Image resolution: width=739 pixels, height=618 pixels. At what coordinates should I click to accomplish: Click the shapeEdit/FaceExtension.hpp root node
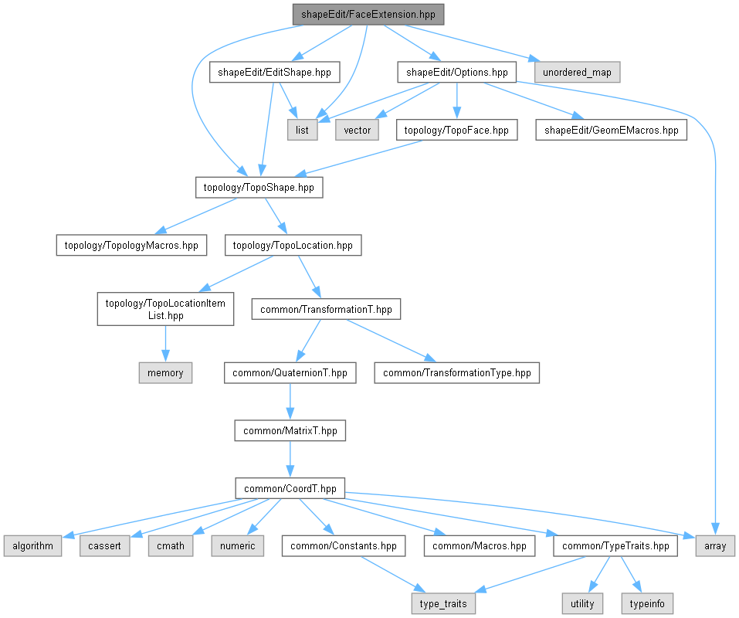pyautogui.click(x=368, y=14)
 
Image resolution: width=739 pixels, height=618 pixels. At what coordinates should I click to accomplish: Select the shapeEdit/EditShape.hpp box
pyautogui.click(x=274, y=72)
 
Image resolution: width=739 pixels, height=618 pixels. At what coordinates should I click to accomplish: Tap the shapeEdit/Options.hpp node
pyautogui.click(x=456, y=72)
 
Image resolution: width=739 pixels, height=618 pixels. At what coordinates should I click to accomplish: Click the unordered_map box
pyautogui.click(x=577, y=72)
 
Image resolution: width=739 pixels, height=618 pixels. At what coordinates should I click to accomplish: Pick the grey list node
pyautogui.click(x=302, y=130)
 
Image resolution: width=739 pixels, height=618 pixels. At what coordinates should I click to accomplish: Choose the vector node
pyautogui.click(x=357, y=130)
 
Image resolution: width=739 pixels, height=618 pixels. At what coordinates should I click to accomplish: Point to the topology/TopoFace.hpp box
pyautogui.click(x=456, y=130)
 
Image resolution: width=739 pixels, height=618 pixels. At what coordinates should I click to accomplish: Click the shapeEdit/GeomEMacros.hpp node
pyautogui.click(x=612, y=130)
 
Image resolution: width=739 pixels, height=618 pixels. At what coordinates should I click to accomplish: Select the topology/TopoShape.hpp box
pyautogui.click(x=259, y=188)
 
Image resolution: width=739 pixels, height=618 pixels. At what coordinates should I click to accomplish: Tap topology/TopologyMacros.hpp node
pyautogui.click(x=131, y=245)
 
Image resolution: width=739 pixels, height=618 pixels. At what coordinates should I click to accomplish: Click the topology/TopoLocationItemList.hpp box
pyautogui.click(x=165, y=309)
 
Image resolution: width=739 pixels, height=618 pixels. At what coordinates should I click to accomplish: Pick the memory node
pyautogui.click(x=165, y=373)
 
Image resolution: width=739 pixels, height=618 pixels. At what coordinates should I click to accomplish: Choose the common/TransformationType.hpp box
pyautogui.click(x=456, y=373)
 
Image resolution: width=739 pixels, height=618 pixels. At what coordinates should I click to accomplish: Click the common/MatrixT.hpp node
pyautogui.click(x=290, y=431)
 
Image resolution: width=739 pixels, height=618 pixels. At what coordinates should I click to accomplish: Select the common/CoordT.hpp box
pyautogui.click(x=290, y=488)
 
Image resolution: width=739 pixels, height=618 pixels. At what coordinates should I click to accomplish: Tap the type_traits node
pyautogui.click(x=443, y=604)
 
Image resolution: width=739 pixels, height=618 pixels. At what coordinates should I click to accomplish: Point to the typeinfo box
pyautogui.click(x=647, y=604)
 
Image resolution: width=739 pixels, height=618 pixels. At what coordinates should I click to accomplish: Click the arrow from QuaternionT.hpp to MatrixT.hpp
pyautogui.click(x=290, y=402)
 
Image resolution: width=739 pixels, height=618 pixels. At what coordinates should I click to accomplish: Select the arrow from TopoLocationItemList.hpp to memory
pyautogui.click(x=165, y=344)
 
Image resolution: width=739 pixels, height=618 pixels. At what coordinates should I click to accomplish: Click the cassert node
pyautogui.click(x=104, y=546)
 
